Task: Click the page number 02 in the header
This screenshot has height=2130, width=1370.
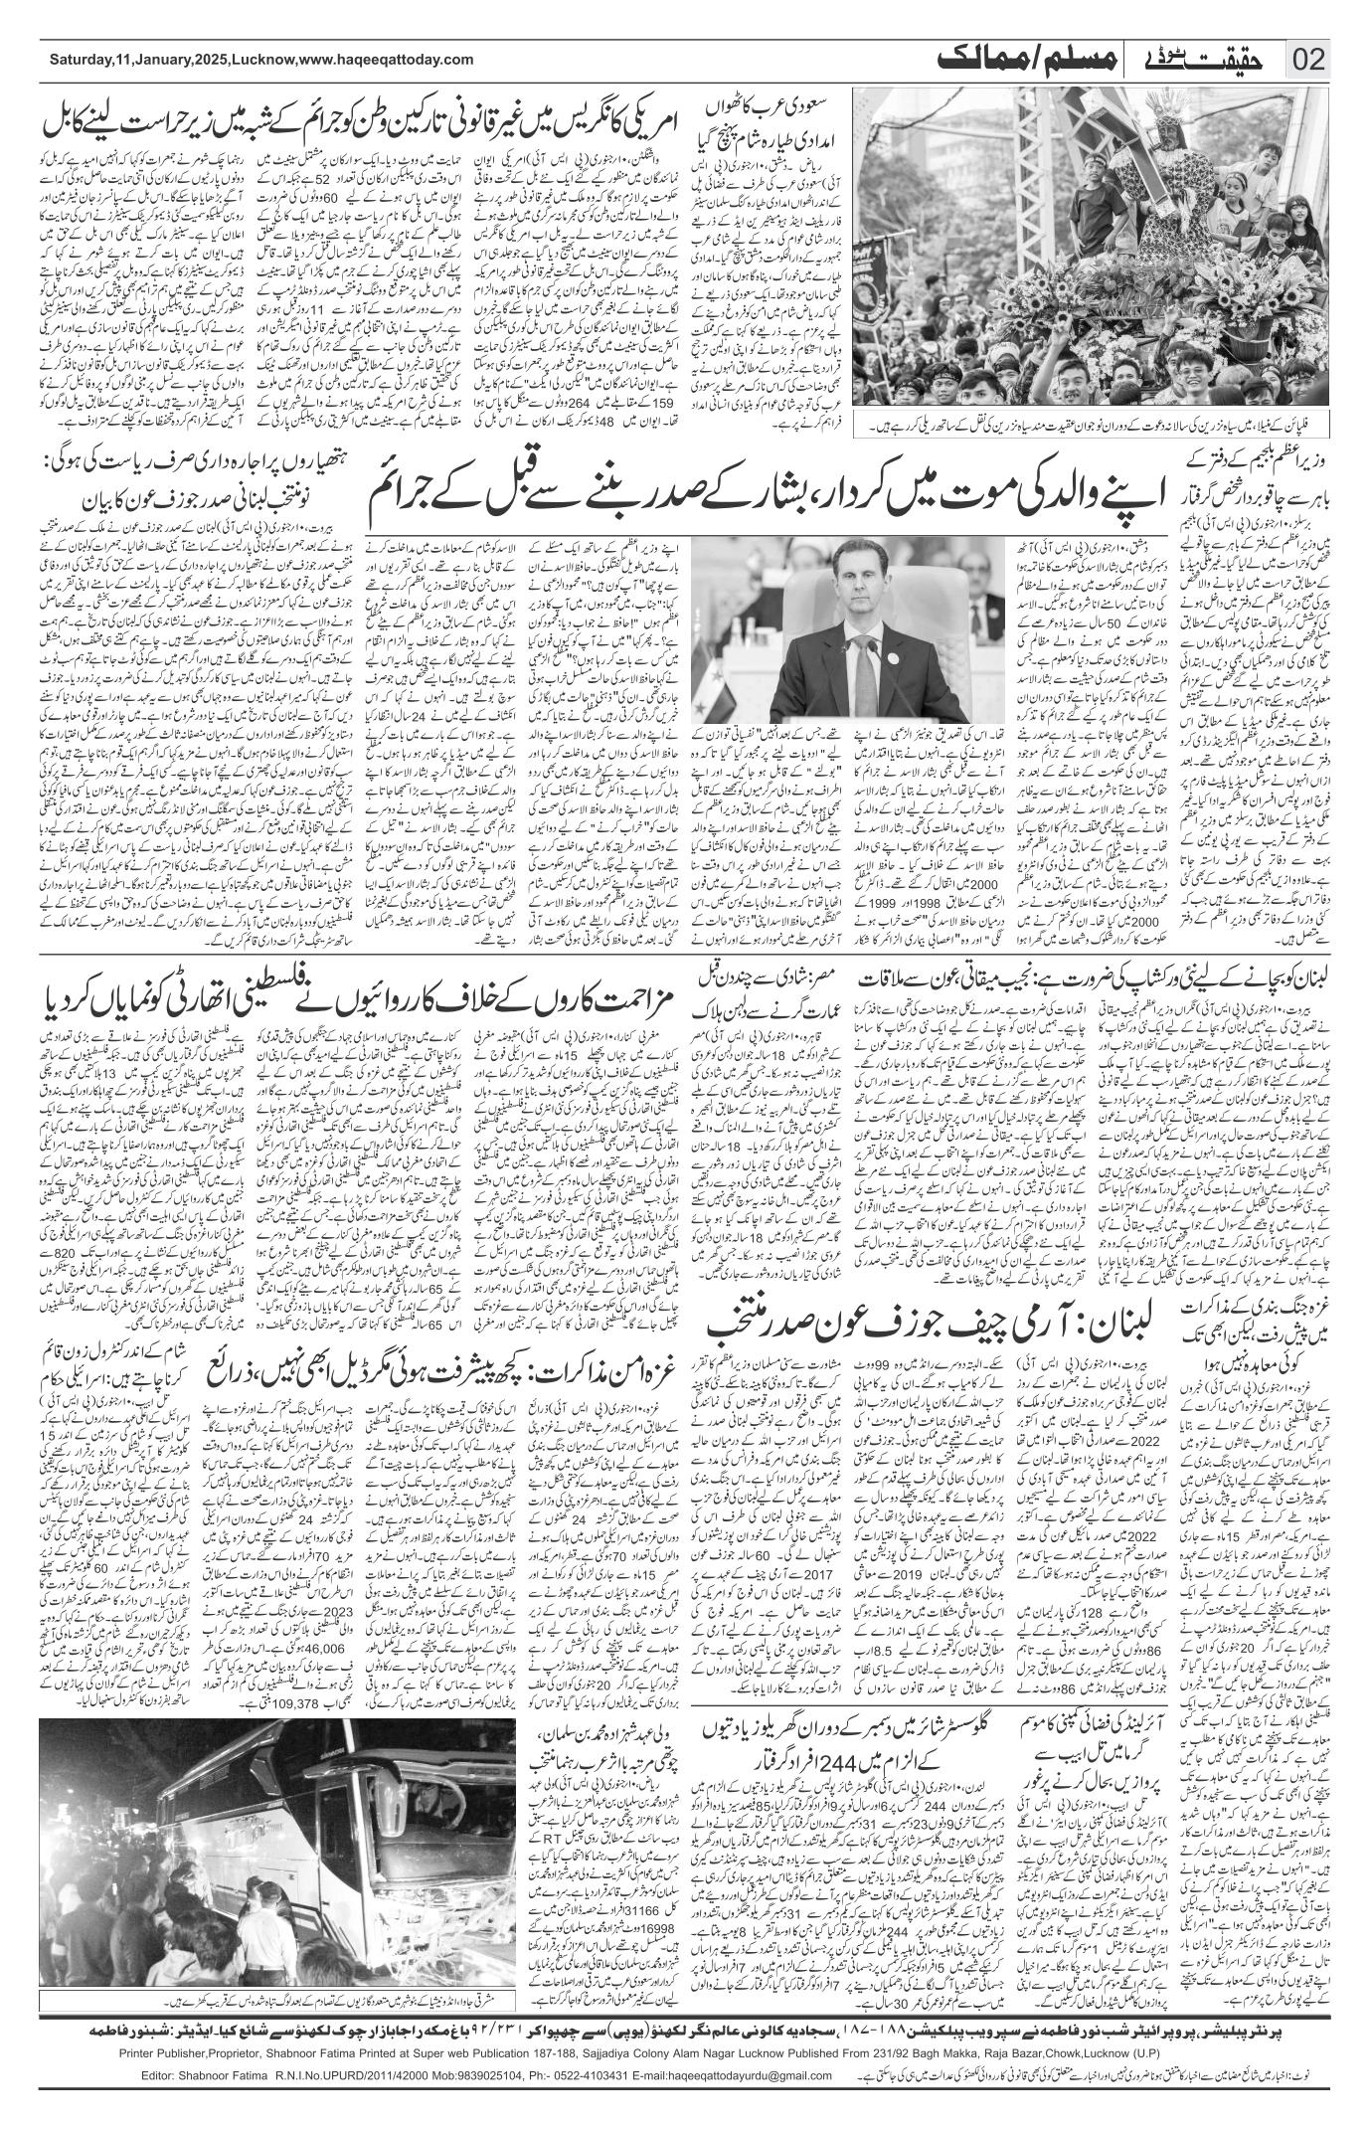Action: pos(1309,61)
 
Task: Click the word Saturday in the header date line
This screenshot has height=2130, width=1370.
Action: pos(81,61)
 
